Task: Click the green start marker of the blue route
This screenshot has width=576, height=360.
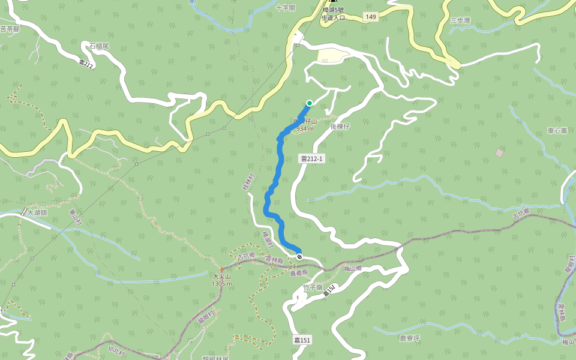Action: click(x=310, y=103)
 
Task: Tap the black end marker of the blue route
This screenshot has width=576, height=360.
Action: click(x=299, y=257)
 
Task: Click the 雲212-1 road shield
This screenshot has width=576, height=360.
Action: click(x=312, y=159)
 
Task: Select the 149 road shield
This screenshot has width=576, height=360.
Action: click(x=370, y=17)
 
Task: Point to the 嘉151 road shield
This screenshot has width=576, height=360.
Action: click(x=302, y=340)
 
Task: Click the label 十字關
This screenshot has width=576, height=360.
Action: click(x=286, y=8)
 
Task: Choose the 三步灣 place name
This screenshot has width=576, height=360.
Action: click(x=460, y=20)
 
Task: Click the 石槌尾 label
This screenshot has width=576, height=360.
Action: click(x=98, y=46)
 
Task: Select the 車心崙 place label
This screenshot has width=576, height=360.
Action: click(x=557, y=130)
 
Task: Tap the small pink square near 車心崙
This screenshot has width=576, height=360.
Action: click(x=499, y=153)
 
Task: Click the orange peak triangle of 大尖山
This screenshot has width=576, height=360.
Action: click(x=221, y=269)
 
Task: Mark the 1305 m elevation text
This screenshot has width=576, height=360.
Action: click(x=221, y=283)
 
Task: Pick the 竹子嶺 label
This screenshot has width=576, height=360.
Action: click(x=313, y=287)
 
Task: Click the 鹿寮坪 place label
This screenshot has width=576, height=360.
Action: click(x=410, y=338)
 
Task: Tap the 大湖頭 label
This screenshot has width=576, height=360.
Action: click(x=36, y=212)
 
